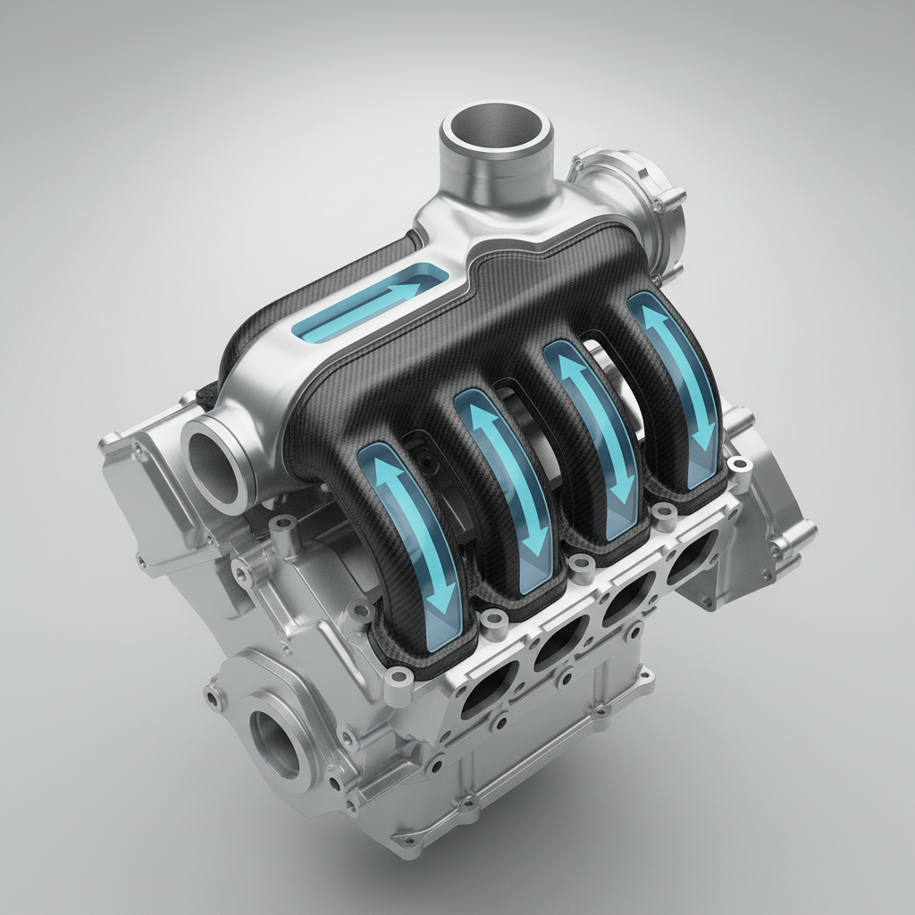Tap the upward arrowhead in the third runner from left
(565, 362)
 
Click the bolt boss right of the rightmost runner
(738, 464)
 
